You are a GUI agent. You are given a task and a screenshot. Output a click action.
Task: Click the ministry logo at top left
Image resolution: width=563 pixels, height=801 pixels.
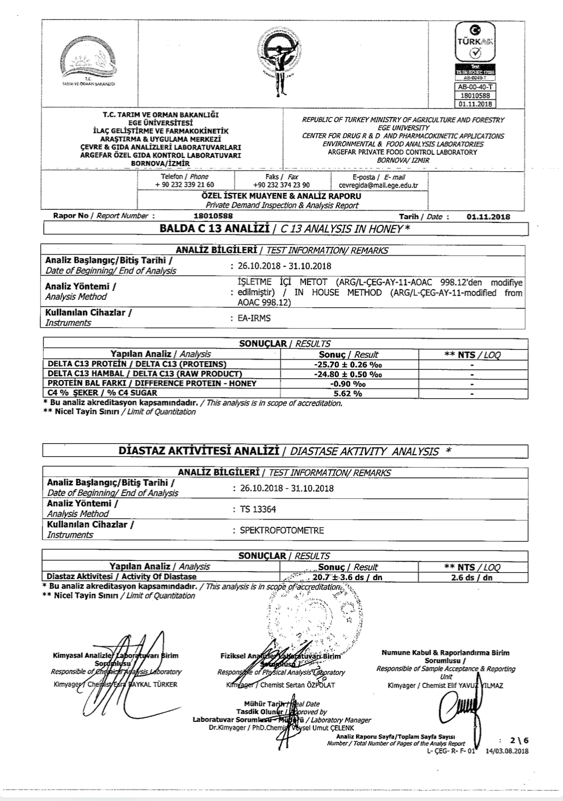(x=89, y=60)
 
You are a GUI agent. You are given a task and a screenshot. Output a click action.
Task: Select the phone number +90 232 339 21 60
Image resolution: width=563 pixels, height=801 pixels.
(x=184, y=185)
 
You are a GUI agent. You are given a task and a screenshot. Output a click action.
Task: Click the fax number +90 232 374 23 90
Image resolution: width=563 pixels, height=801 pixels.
(x=281, y=185)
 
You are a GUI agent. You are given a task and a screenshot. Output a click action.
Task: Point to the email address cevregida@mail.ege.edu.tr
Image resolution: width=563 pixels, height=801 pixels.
(x=378, y=185)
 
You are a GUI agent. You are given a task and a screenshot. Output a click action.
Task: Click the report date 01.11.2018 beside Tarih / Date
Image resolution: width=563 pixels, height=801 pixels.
(x=488, y=217)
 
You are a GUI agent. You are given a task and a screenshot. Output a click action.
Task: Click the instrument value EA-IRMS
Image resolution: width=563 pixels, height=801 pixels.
(x=254, y=318)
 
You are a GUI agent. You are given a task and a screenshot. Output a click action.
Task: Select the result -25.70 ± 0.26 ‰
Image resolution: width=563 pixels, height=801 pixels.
(x=349, y=364)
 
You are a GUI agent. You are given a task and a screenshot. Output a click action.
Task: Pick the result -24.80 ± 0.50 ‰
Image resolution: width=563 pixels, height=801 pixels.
(x=349, y=374)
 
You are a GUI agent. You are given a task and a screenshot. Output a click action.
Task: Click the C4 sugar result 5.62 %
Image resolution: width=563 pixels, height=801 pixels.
(x=348, y=393)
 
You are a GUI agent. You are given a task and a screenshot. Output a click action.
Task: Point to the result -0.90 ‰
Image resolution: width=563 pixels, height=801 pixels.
(x=348, y=383)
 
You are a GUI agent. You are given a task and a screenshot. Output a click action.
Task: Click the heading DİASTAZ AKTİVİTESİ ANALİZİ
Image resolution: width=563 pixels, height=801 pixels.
(x=199, y=451)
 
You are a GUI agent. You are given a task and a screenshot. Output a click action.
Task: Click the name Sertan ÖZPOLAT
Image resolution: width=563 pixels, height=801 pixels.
(x=311, y=685)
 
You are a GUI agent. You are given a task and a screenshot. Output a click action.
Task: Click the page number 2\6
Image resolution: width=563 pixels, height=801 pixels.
(x=519, y=740)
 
